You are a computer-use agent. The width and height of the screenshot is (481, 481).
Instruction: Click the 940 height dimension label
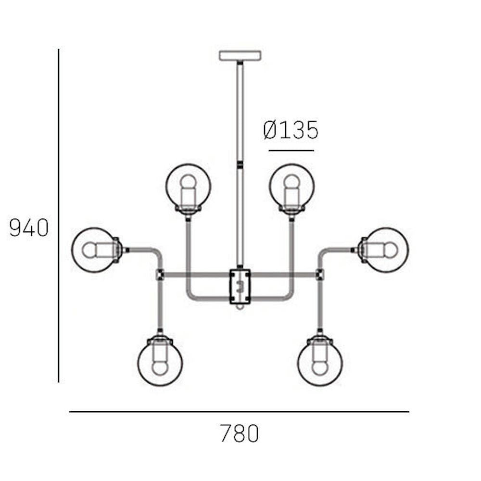(x=29, y=228)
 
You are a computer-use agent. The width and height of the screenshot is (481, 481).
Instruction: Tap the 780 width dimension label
(x=240, y=433)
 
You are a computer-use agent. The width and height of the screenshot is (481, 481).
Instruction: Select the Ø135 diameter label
(x=291, y=130)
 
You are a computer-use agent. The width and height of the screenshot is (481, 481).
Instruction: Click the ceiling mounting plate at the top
(x=240, y=55)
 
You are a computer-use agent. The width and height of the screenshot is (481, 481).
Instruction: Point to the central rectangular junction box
(x=240, y=287)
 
